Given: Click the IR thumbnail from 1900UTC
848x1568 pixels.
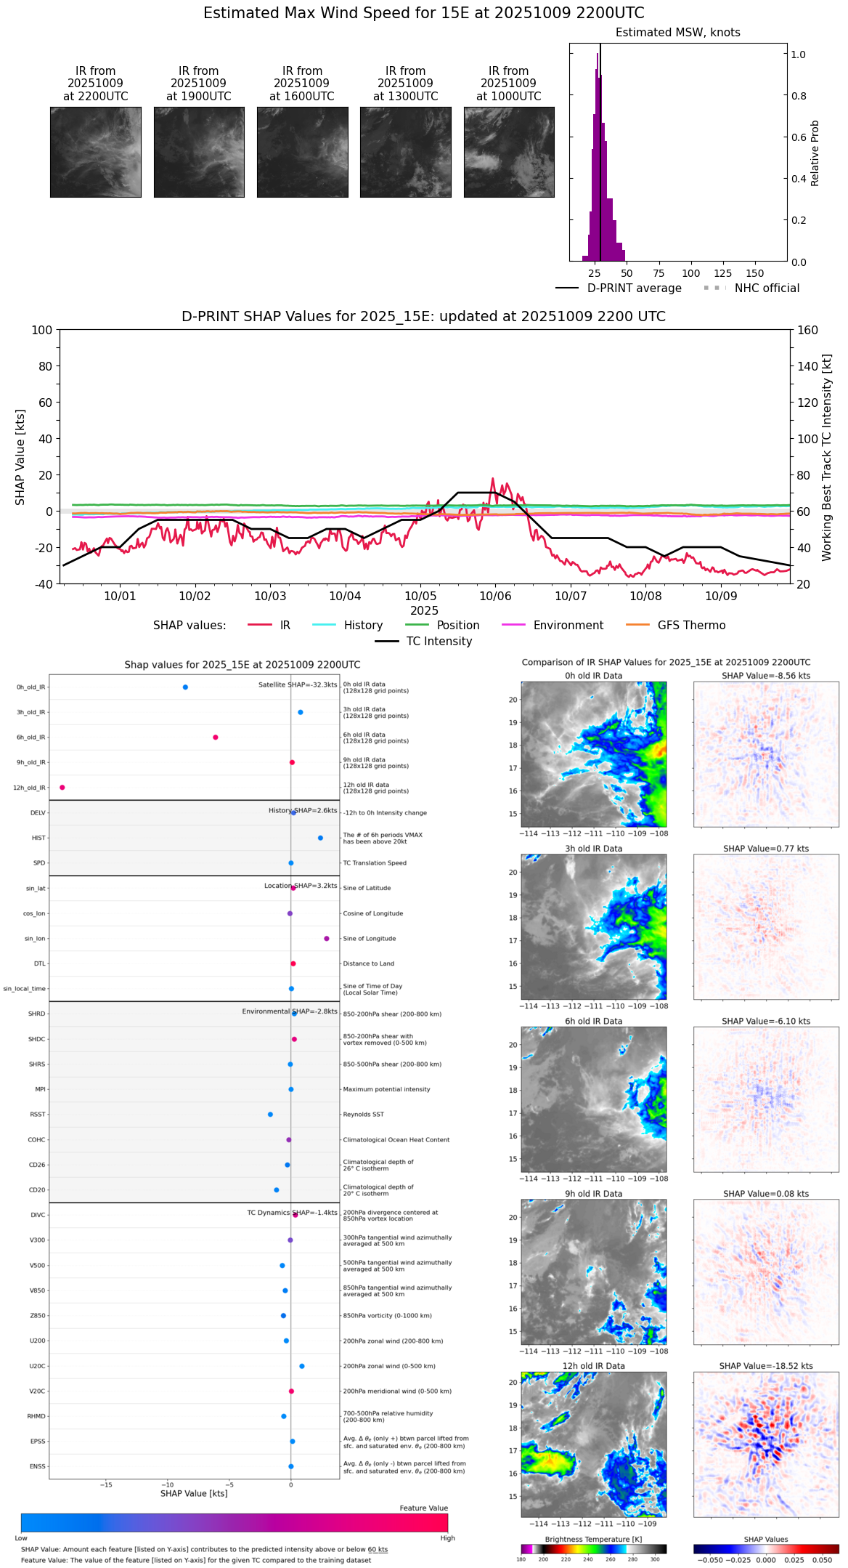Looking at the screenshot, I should (199, 152).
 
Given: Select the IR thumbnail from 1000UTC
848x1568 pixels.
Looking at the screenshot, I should (509, 152).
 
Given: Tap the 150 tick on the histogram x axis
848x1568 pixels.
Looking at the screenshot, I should (755, 273).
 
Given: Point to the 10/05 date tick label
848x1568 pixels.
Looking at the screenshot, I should (420, 597).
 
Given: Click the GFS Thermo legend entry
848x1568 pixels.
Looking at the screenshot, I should (691, 626).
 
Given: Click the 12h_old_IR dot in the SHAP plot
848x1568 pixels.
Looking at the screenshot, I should (62, 788).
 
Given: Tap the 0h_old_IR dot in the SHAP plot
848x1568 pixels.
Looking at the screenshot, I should (185, 687).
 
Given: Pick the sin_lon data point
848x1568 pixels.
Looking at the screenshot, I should (327, 939).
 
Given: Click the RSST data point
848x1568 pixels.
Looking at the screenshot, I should (270, 1115).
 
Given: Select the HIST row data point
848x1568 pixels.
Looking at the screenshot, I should (320, 838).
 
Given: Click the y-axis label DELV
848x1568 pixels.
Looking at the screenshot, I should (38, 813).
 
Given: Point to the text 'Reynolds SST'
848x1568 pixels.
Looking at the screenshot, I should (364, 1115).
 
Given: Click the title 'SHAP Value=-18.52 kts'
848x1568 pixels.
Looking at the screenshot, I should (766, 1366).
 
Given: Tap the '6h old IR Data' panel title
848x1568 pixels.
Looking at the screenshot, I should (593, 1021).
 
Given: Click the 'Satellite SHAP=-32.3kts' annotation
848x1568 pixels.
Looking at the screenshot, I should (298, 685).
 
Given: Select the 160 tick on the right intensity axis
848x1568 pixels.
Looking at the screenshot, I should (807, 331).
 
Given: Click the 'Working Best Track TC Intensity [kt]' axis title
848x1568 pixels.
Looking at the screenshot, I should (827, 458).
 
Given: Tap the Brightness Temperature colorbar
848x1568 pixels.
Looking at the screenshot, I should (593, 1549).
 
